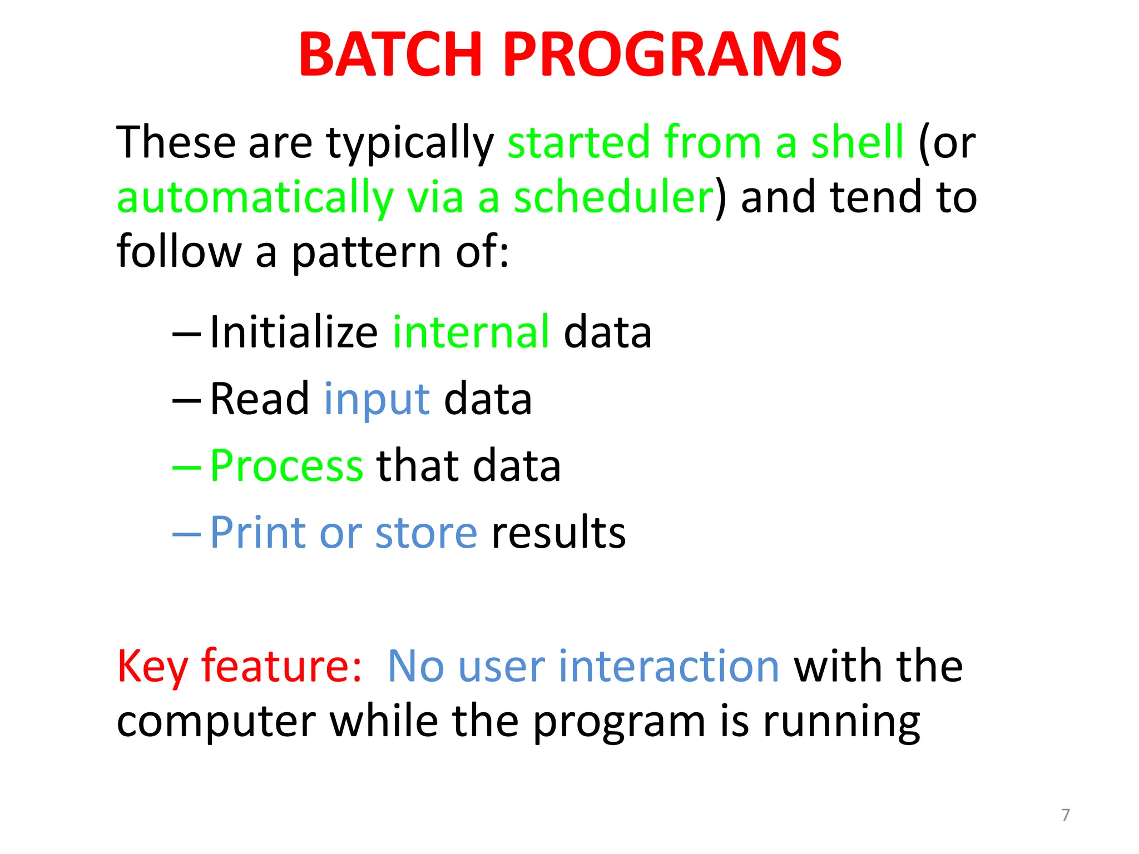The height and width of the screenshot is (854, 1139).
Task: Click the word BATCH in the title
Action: [x=389, y=54]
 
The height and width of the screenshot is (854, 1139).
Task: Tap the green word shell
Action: [x=857, y=142]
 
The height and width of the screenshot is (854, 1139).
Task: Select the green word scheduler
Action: [x=613, y=197]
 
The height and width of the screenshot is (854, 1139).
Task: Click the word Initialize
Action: [x=294, y=332]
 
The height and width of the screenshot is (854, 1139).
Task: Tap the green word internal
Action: [x=471, y=332]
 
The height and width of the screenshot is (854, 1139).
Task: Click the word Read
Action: [x=259, y=399]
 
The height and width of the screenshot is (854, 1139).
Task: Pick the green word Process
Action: [x=286, y=466]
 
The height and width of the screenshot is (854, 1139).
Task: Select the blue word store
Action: [x=426, y=533]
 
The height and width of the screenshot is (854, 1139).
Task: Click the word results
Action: [x=558, y=533]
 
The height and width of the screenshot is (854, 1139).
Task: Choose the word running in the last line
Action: [x=841, y=722]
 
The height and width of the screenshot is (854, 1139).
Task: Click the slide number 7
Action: [x=1065, y=815]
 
